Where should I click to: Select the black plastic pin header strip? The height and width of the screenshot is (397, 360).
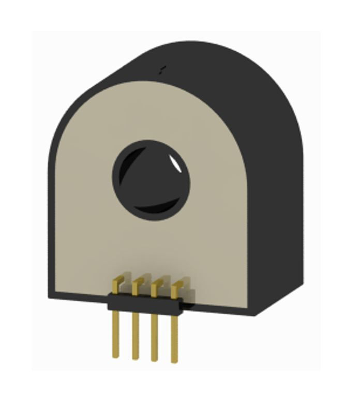click(145, 302)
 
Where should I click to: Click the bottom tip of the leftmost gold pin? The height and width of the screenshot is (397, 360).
click(116, 356)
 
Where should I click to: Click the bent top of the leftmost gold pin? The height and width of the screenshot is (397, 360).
click(117, 282)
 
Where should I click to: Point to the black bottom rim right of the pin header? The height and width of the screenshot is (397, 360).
click(217, 309)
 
